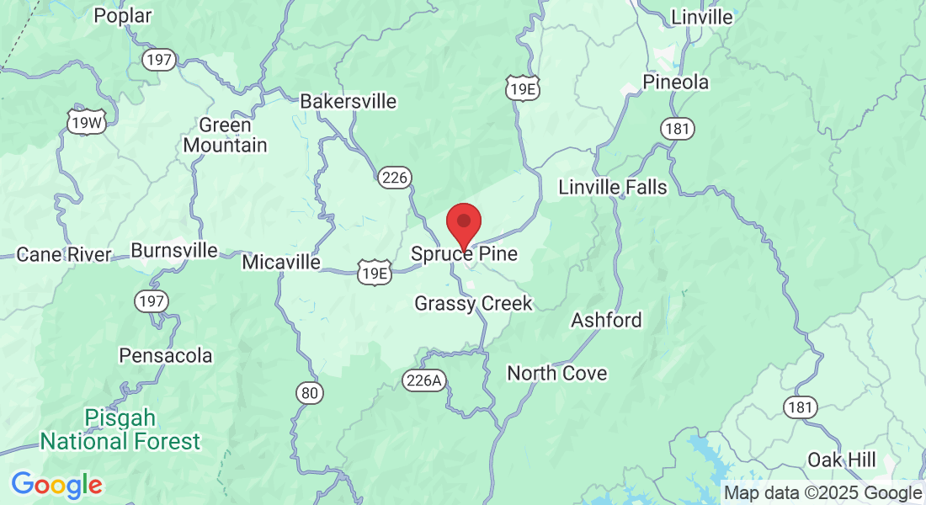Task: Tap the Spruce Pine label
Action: [464, 253]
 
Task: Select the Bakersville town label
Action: [349, 102]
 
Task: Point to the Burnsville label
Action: [174, 251]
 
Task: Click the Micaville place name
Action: [281, 263]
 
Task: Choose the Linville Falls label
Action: [613, 187]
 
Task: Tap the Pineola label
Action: [675, 82]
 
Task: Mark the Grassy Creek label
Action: [473, 303]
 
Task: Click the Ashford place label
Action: [606, 320]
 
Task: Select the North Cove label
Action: [556, 373]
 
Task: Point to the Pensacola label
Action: [166, 355]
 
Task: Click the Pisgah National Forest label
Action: [120, 429]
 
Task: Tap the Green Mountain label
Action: [225, 136]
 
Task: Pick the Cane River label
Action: [64, 254]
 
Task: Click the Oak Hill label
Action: [842, 460]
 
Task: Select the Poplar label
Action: [123, 15]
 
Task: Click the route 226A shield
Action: [423, 380]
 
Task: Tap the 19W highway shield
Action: [87, 123]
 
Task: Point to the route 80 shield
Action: [309, 392]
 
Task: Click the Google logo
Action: [56, 485]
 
